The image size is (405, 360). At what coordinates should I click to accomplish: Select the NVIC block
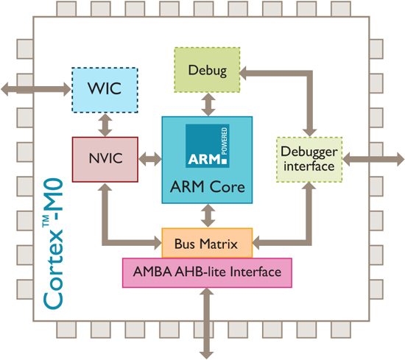105,158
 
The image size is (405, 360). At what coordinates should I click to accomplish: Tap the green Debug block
208,70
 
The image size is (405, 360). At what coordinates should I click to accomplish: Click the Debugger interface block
308,159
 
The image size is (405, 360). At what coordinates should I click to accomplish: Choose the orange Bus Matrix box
207,242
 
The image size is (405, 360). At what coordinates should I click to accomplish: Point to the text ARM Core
208,188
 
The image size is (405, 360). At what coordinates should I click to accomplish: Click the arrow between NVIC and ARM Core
150,158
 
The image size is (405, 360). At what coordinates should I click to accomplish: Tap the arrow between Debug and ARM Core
208,104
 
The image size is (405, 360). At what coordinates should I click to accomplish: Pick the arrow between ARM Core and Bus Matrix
208,216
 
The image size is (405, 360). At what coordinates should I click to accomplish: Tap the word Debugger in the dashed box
308,152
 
